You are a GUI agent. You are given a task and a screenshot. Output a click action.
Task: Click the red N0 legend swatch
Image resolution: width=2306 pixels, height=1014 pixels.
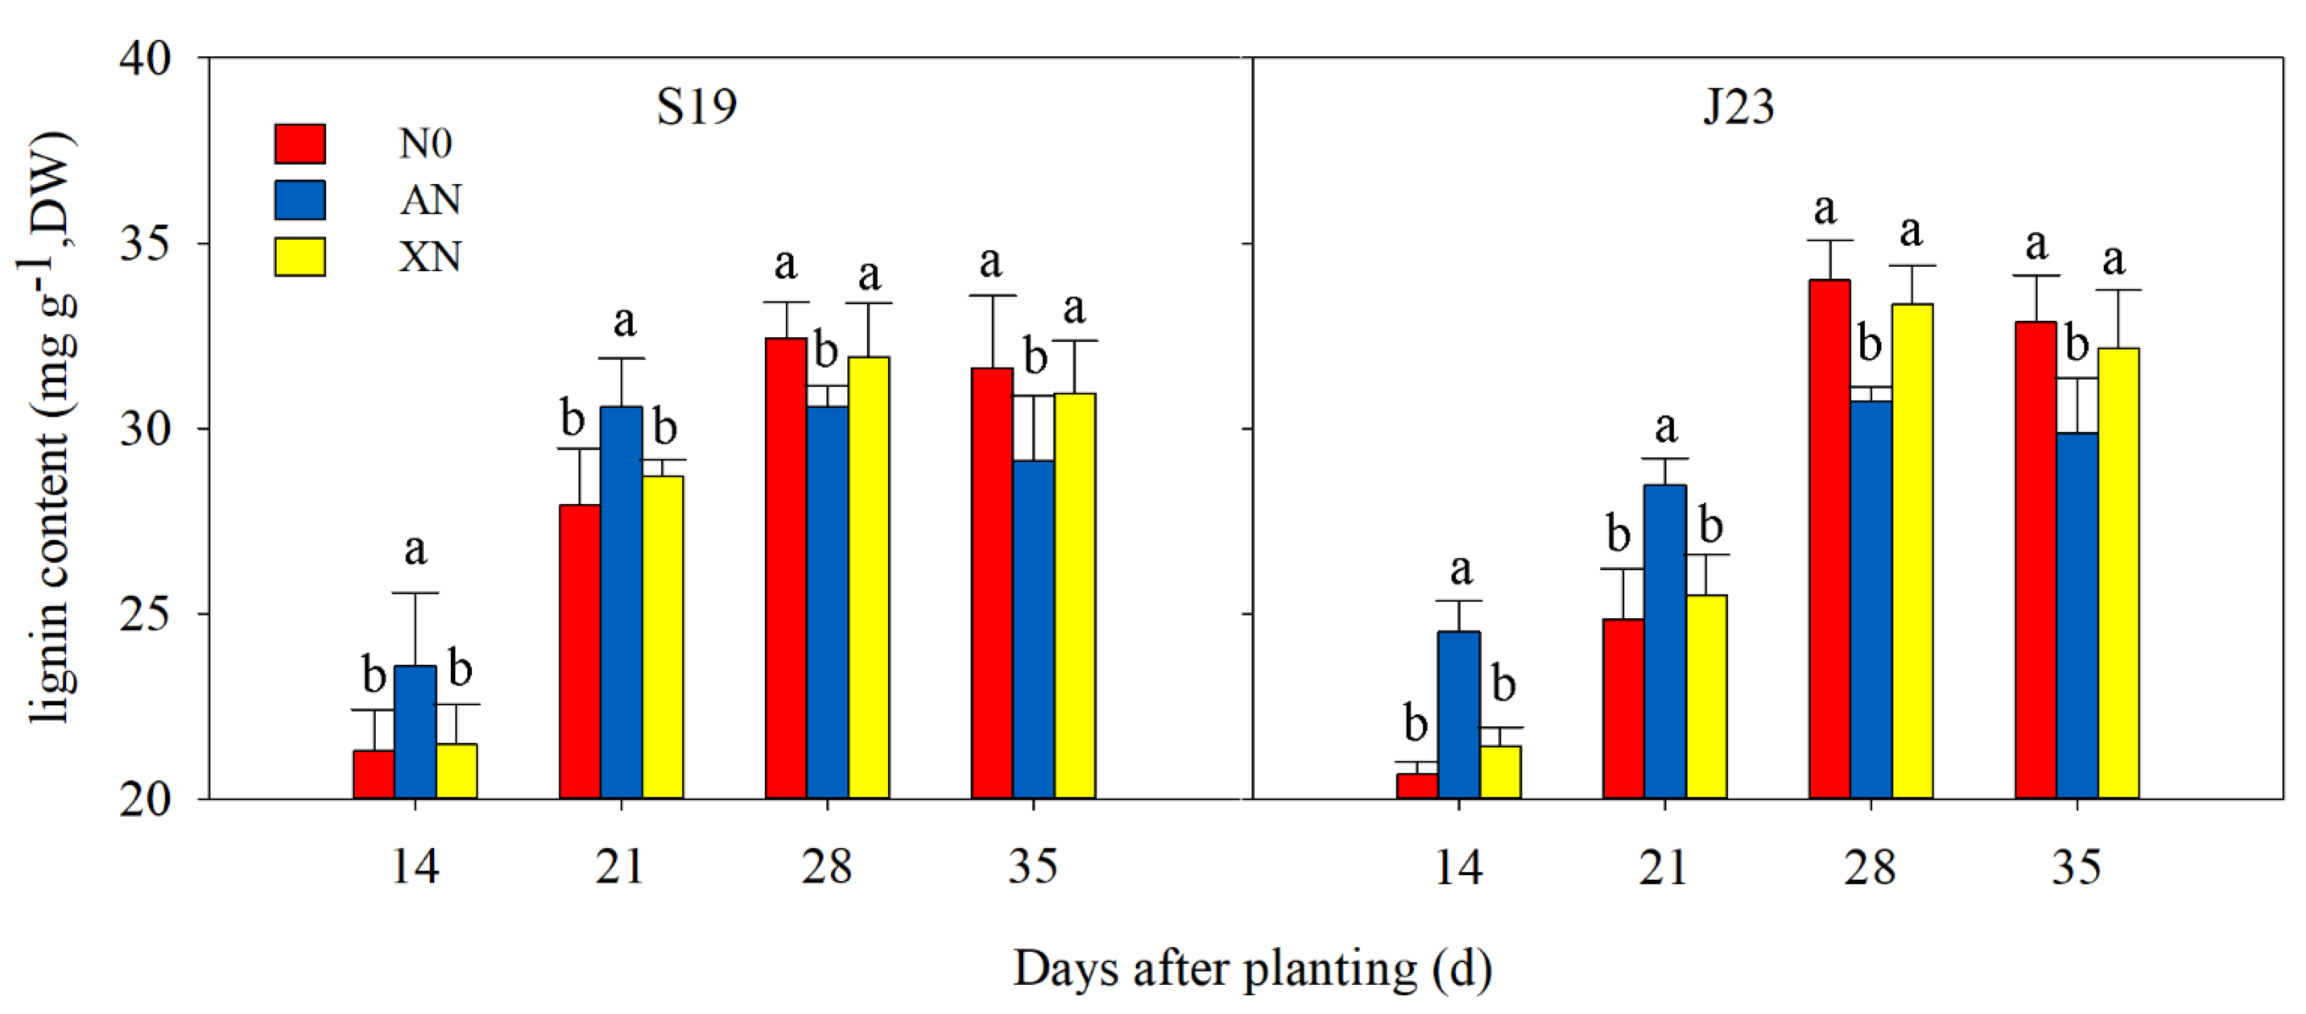[x=299, y=143]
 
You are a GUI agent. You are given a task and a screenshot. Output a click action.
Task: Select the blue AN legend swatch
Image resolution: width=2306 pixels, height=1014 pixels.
[x=299, y=199]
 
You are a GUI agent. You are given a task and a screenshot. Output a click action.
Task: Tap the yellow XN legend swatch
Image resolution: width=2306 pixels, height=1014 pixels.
[x=299, y=257]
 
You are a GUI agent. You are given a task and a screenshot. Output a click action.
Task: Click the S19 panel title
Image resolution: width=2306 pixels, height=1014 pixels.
[x=696, y=106]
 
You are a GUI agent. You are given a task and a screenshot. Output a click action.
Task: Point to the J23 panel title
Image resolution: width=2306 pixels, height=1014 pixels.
[x=1737, y=106]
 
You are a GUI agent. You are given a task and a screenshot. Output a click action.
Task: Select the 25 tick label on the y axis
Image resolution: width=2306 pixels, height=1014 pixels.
[x=145, y=615]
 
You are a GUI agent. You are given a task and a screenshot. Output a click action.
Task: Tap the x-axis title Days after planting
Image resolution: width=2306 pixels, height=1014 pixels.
[x=1251, y=969]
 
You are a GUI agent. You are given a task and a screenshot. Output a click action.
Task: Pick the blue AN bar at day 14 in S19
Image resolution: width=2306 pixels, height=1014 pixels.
[x=415, y=732]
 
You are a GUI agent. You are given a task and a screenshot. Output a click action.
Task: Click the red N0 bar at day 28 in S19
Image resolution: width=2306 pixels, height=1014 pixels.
[x=786, y=568]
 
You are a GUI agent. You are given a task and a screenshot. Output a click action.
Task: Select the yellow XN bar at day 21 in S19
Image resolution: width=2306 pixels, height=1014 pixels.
[x=662, y=637]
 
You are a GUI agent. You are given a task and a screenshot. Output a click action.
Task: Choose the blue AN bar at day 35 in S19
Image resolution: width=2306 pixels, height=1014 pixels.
[x=1033, y=629]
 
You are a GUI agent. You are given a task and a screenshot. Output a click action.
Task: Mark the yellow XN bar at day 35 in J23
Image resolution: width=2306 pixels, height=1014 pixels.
[x=2118, y=573]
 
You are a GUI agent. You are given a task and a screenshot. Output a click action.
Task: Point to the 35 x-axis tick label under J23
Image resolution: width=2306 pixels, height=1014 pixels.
[x=2076, y=866]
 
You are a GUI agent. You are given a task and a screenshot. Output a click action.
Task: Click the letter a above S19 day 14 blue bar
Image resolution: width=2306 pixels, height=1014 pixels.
[x=415, y=549]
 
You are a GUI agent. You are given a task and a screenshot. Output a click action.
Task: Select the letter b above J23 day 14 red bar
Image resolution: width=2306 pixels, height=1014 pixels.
[x=1416, y=723]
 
